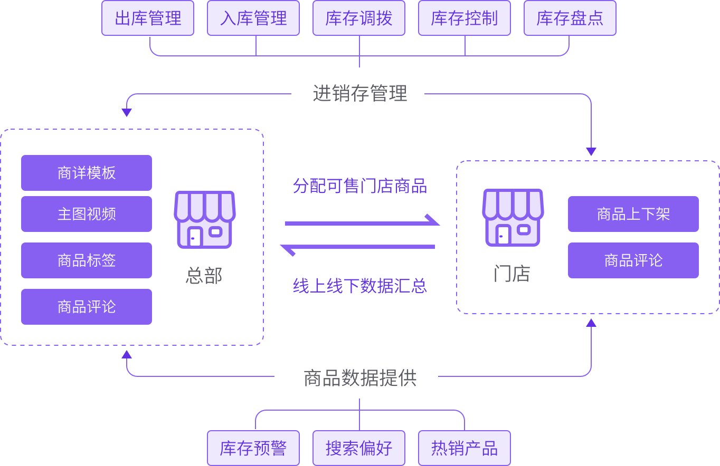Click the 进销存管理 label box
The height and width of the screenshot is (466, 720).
(x=358, y=101)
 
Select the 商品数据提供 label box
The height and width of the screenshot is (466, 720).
(x=356, y=378)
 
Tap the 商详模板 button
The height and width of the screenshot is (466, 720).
(x=87, y=173)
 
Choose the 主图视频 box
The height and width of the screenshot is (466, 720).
(x=87, y=214)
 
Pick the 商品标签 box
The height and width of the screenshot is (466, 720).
(x=87, y=260)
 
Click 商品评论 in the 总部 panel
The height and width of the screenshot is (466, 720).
(x=87, y=307)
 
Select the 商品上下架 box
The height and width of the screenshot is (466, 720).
(x=633, y=214)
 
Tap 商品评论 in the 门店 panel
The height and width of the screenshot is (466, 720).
(x=633, y=260)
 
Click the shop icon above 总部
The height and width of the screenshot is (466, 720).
(x=204, y=219)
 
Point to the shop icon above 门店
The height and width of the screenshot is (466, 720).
(x=513, y=217)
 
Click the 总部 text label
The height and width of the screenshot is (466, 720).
(x=204, y=276)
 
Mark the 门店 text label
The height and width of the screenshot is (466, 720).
(x=511, y=274)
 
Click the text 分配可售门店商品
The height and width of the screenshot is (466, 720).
(x=359, y=186)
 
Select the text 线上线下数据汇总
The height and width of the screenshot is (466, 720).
(x=359, y=286)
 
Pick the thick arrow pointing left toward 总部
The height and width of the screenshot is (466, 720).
(x=357, y=247)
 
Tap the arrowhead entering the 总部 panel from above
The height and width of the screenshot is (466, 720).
(x=127, y=112)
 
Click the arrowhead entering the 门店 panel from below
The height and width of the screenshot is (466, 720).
(x=591, y=323)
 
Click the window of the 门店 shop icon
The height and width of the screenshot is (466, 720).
(x=524, y=230)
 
